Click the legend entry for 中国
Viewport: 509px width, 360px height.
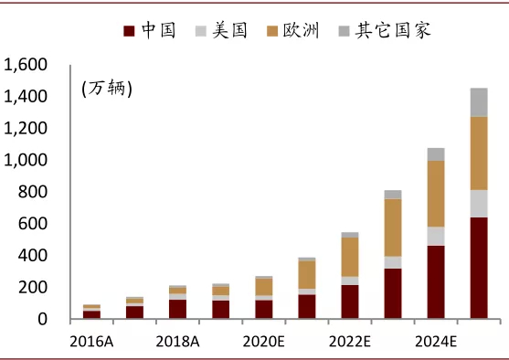150,31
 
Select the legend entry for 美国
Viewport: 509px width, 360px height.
220,31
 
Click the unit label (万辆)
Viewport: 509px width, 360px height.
106,89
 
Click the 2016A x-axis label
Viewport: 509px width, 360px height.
91,342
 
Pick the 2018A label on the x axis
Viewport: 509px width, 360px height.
177,342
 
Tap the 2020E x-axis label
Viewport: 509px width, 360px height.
263,342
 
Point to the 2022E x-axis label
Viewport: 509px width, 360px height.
349,342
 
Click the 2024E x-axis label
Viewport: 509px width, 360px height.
435,342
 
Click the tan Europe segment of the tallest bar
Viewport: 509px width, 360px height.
478,153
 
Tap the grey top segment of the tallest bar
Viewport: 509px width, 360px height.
478,102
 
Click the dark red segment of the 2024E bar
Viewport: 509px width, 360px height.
435,281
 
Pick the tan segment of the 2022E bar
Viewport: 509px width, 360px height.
349,257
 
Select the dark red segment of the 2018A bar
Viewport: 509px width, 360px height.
177,309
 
